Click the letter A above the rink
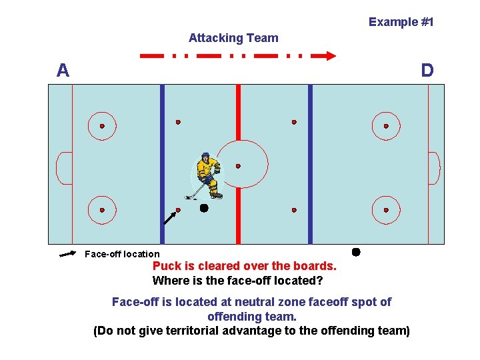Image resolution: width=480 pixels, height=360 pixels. click(63, 71)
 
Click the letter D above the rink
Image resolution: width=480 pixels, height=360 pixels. click(427, 71)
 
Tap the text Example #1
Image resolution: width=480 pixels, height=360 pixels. click(401, 22)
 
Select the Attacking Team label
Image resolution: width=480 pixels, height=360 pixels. click(233, 38)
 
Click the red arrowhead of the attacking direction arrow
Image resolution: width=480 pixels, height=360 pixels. click(329, 56)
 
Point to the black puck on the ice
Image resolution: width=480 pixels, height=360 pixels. click(204, 208)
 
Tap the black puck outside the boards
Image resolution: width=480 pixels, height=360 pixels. click(356, 252)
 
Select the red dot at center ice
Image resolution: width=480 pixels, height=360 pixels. click(238, 166)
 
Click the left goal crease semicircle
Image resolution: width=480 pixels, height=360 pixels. click(64, 168)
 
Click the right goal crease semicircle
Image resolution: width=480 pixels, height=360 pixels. click(433, 168)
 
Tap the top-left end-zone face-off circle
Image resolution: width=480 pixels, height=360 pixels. click(102, 126)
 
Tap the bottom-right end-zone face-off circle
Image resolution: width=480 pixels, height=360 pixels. click(386, 210)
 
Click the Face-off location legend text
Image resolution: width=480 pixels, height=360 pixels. click(122, 254)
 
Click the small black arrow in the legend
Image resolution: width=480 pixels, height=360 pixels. click(67, 254)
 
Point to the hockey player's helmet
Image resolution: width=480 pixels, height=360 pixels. click(206, 158)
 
